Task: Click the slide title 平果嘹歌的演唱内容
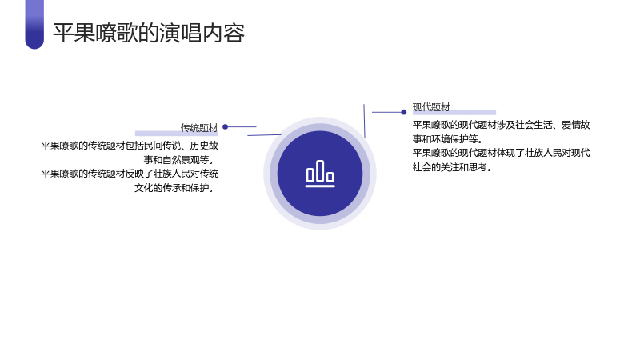(149, 33)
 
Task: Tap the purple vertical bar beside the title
(34, 25)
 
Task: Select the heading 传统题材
(199, 128)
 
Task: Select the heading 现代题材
(431, 107)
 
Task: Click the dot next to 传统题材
(226, 127)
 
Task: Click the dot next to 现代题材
(404, 112)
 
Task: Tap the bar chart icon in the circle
(320, 174)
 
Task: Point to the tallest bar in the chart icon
(320, 170)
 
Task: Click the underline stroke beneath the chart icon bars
(320, 186)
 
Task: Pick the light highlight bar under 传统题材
(177, 134)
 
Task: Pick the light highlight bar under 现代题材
(454, 112)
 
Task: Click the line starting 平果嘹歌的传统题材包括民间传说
(130, 146)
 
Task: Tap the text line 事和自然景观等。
(178, 159)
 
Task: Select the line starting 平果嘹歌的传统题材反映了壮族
(130, 174)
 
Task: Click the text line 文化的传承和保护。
(174, 188)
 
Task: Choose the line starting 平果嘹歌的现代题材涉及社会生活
(502, 125)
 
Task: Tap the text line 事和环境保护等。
(448, 138)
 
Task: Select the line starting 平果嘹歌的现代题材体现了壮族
(502, 153)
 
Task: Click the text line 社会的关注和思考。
(452, 167)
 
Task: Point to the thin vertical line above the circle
(365, 121)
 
